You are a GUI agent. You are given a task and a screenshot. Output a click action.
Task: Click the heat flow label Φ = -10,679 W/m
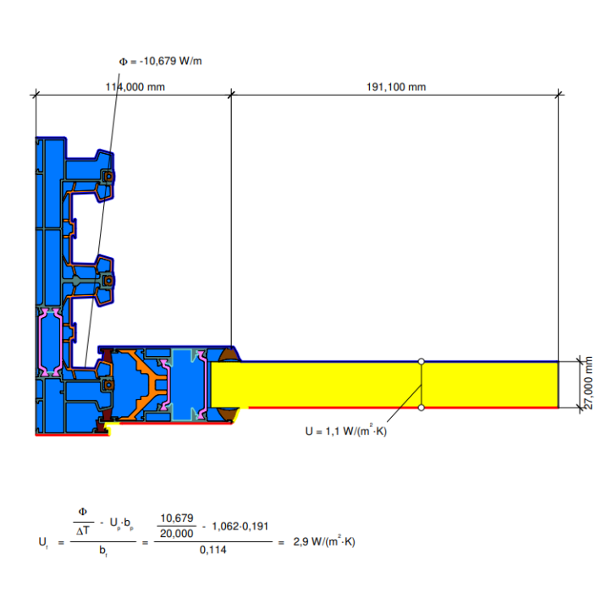160,61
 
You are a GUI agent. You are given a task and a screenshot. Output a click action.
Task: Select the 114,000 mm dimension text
135,87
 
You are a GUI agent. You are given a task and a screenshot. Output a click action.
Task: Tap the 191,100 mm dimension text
396,87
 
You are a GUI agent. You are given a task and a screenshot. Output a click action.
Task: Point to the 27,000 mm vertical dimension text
588,382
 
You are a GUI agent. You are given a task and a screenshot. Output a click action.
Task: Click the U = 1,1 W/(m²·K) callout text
346,430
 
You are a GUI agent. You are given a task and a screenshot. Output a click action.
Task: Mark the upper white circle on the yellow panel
421,361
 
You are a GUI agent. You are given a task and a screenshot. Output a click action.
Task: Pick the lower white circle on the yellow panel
421,408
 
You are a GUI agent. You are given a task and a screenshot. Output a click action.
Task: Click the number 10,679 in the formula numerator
177,518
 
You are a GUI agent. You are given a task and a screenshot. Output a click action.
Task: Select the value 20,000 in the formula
177,534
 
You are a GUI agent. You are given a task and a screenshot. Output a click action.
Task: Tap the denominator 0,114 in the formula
212,550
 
